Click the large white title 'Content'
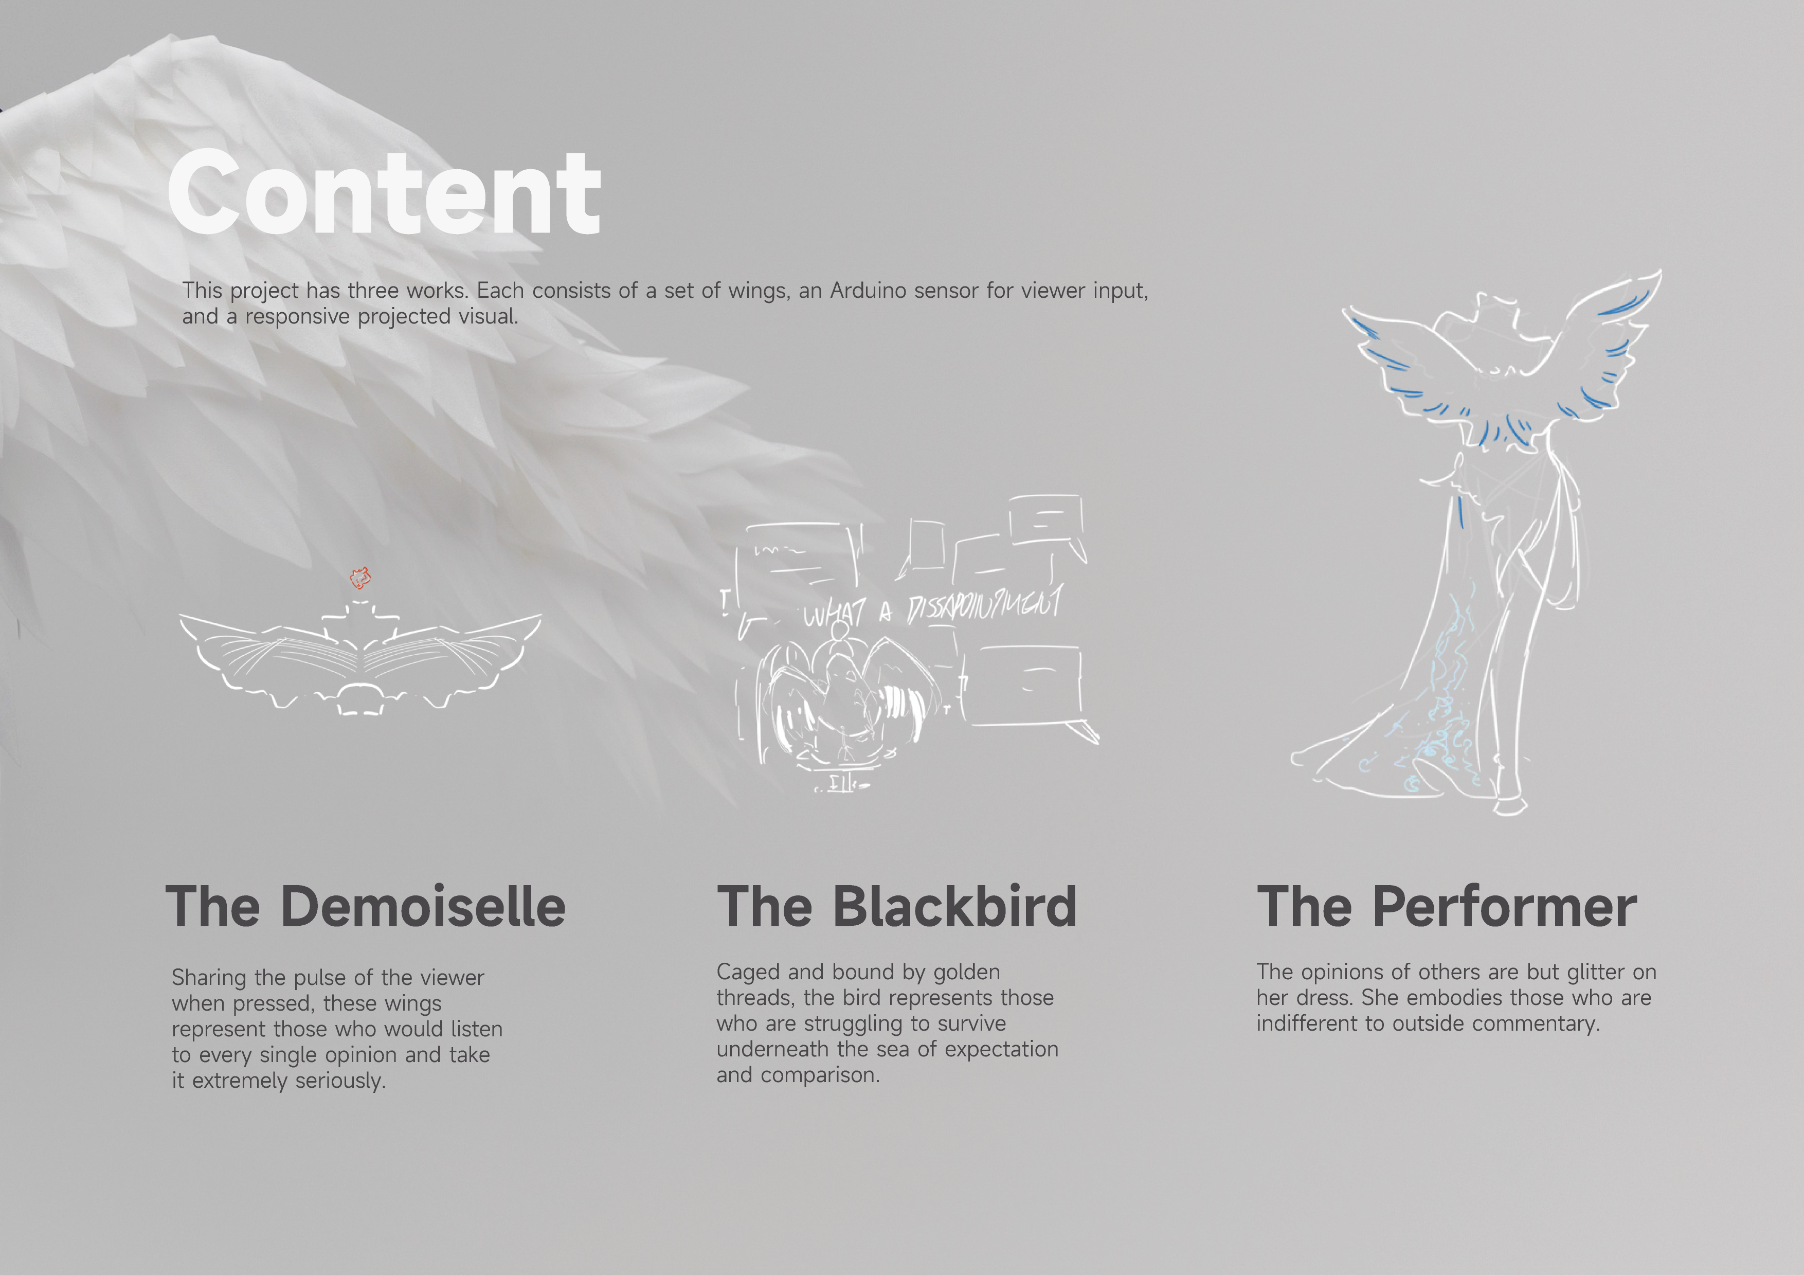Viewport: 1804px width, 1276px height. (x=384, y=194)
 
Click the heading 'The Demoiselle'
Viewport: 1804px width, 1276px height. (x=365, y=907)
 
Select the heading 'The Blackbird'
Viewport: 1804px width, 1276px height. (x=896, y=907)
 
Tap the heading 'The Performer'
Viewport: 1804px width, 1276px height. (x=1447, y=907)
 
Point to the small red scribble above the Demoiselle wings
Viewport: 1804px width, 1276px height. (x=360, y=579)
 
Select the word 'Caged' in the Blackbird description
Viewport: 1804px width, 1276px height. (x=749, y=972)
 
